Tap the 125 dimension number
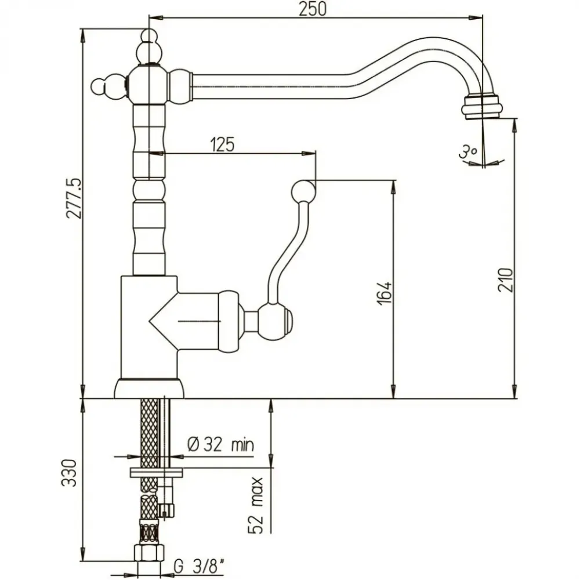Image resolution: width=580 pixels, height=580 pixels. (x=222, y=144)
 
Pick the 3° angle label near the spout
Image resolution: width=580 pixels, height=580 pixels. (x=467, y=153)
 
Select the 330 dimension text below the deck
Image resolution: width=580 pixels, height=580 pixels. (x=68, y=474)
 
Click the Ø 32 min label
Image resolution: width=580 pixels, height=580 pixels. (x=220, y=445)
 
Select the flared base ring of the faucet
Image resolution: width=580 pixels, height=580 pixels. (x=149, y=388)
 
